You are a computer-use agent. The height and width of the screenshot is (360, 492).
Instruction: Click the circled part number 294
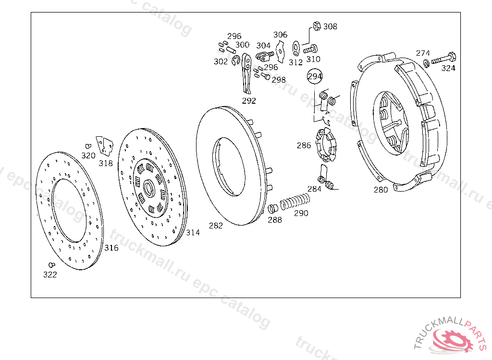(314, 76)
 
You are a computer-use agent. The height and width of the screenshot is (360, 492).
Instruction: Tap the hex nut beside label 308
(317, 26)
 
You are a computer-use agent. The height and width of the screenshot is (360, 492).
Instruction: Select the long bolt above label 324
(444, 59)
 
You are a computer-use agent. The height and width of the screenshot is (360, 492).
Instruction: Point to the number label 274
(423, 53)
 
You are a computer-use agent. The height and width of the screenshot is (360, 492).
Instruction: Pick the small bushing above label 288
(273, 208)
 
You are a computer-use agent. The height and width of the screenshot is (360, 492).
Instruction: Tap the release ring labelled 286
(326, 144)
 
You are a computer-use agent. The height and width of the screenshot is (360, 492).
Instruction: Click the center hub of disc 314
(149, 189)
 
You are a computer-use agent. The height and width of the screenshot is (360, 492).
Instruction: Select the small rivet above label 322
(52, 265)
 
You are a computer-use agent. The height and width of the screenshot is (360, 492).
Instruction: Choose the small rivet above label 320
(88, 146)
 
